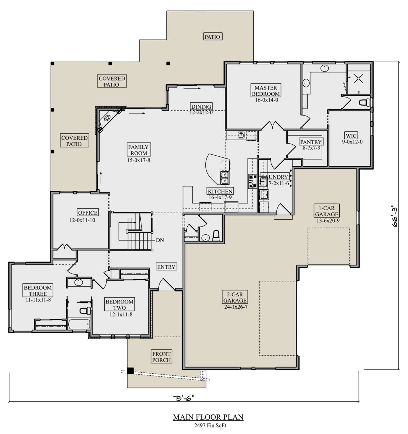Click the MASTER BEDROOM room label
[266, 91]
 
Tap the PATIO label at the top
[213, 36]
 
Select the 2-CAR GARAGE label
[235, 297]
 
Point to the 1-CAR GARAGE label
[326, 211]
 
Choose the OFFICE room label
[88, 213]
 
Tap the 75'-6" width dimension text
[184, 398]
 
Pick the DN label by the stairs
[160, 240]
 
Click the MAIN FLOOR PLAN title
[208, 417]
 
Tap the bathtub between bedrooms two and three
[79, 324]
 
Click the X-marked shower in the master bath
[359, 79]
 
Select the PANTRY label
[311, 142]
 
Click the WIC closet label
[351, 135]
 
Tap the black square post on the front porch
[131, 371]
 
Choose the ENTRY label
[166, 267]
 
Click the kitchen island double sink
[225, 178]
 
